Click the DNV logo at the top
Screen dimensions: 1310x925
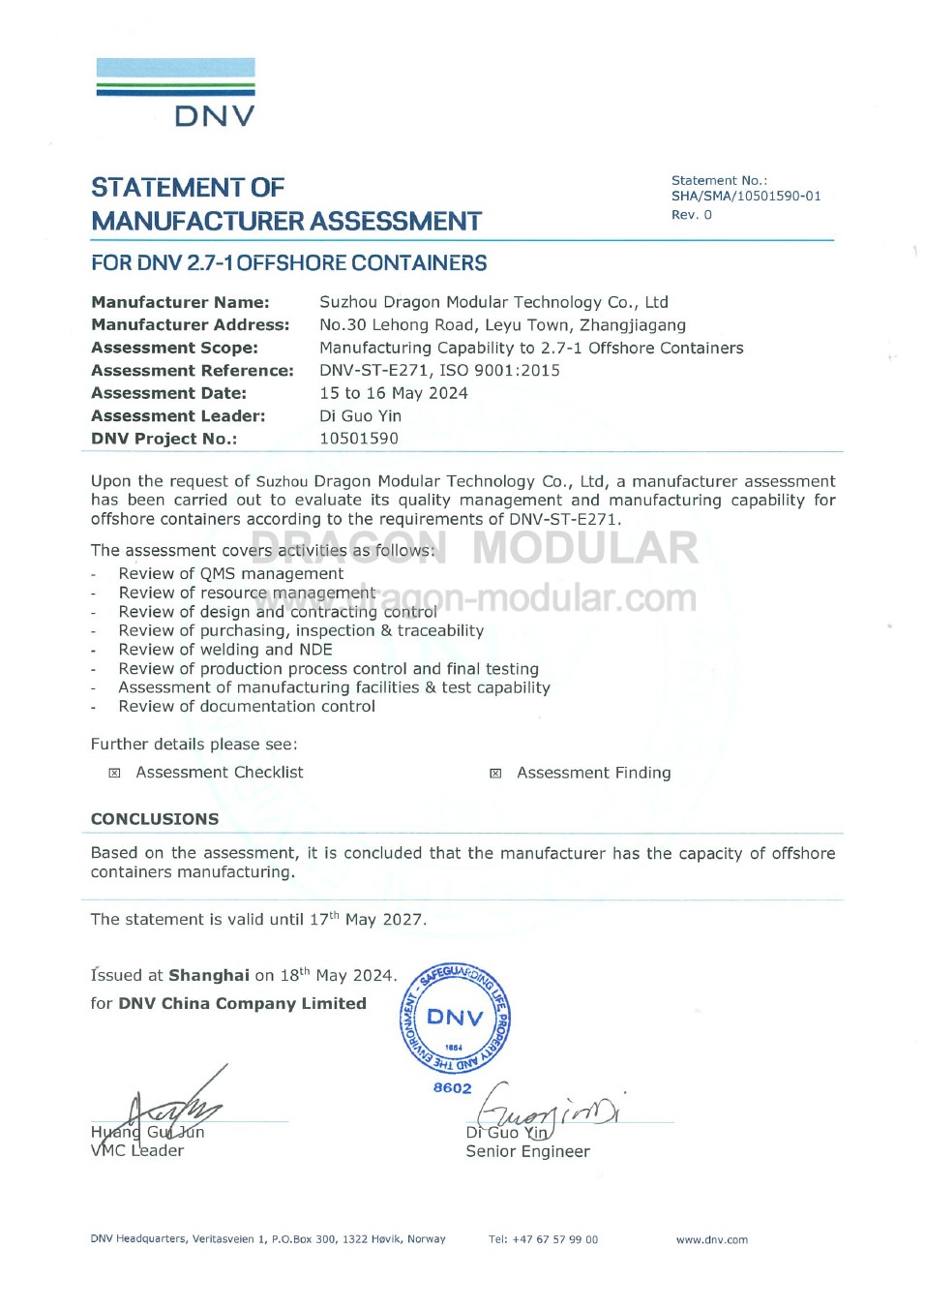176,93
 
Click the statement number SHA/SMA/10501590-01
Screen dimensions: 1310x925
745,197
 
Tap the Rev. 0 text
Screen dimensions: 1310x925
691,215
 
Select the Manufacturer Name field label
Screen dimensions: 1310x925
180,302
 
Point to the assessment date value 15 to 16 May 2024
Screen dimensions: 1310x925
393,393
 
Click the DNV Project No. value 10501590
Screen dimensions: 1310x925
358,439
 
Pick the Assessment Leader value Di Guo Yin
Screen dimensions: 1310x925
360,416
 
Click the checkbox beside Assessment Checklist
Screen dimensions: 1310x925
114,773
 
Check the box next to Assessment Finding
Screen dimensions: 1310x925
495,773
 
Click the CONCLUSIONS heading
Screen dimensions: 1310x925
155,819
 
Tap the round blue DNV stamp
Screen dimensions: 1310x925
455,1018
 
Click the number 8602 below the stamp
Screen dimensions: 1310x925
452,1088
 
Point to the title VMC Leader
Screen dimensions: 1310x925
136,1150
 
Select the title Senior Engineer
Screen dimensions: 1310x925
527,1151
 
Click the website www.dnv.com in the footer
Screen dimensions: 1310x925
711,1239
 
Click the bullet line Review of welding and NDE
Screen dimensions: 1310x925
224,650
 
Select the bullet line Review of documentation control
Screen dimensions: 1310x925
246,707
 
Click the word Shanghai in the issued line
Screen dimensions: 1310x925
209,976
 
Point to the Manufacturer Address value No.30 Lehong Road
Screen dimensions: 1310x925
502,325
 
